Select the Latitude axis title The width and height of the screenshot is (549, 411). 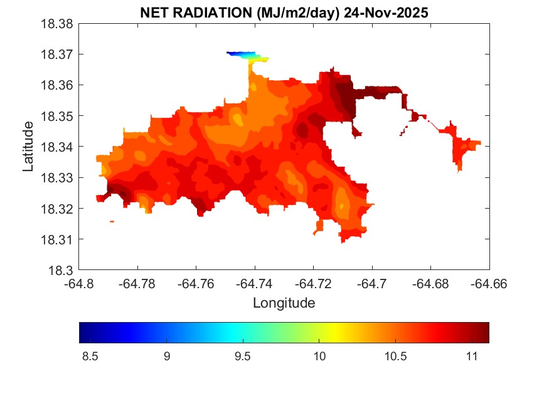click(28, 147)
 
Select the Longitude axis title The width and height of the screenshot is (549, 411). click(284, 303)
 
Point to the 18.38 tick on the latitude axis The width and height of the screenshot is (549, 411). click(57, 24)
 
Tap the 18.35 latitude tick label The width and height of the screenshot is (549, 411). click(57, 116)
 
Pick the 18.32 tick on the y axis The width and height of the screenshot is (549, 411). click(57, 209)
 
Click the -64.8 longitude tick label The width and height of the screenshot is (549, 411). click(80, 283)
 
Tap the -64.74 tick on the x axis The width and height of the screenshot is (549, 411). click(255, 283)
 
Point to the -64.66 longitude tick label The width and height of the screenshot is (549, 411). click(489, 283)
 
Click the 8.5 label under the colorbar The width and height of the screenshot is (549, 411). click(90, 356)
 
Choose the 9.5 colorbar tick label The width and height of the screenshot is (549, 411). click(242, 356)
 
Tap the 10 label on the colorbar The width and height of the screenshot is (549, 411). click(319, 356)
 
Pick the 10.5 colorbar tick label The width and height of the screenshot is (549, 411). click(395, 356)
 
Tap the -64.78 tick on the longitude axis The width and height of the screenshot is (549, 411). click(138, 283)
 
